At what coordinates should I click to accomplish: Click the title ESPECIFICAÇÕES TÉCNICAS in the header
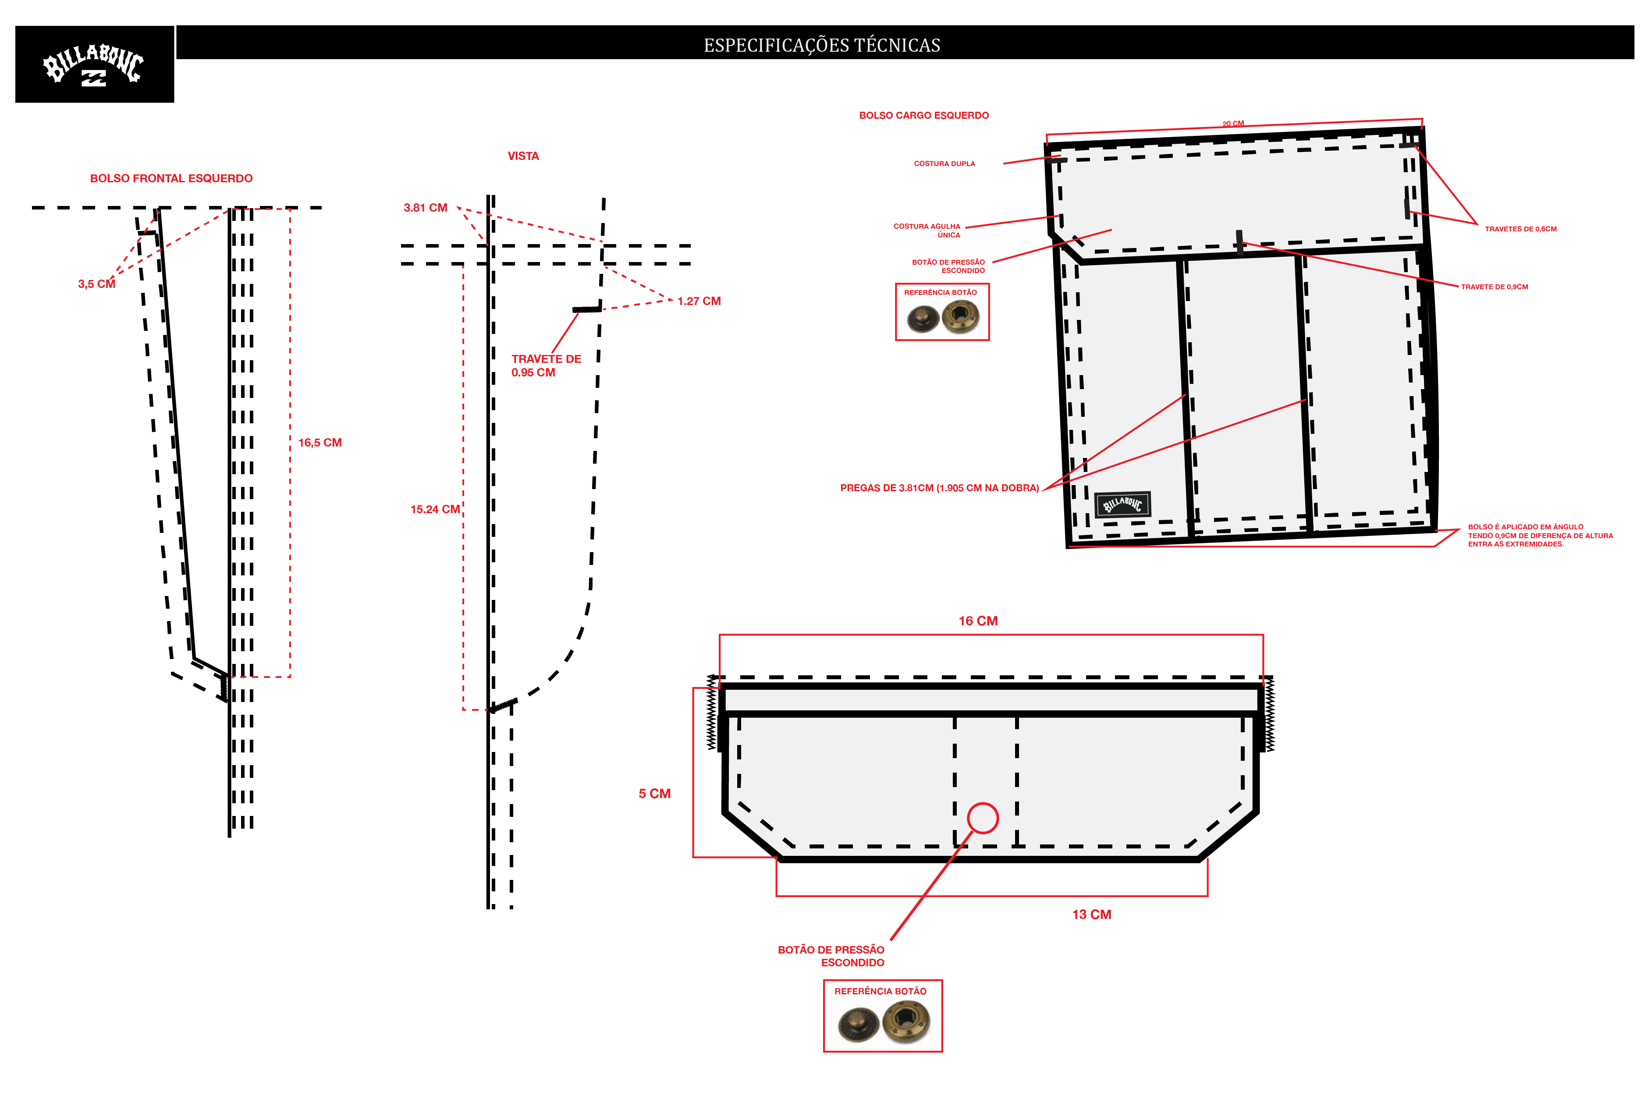tap(822, 46)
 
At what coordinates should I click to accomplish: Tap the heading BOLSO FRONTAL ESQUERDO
tap(171, 178)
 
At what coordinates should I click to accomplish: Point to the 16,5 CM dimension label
tap(320, 443)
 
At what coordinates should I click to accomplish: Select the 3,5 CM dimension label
tap(96, 284)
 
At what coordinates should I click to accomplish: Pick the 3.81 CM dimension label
tap(425, 208)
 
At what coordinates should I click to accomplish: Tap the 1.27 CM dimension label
tap(699, 301)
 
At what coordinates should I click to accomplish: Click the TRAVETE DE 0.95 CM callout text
tap(546, 365)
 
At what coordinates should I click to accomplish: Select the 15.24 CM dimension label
tap(435, 510)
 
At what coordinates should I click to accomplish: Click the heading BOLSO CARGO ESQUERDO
tap(924, 115)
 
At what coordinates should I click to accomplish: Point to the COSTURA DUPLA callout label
tap(945, 163)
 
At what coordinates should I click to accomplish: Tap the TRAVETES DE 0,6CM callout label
tap(1521, 229)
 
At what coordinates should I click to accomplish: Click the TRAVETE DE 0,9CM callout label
tap(1495, 287)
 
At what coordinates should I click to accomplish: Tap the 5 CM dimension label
tap(654, 793)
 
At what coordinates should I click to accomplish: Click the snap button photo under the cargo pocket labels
tap(943, 318)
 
